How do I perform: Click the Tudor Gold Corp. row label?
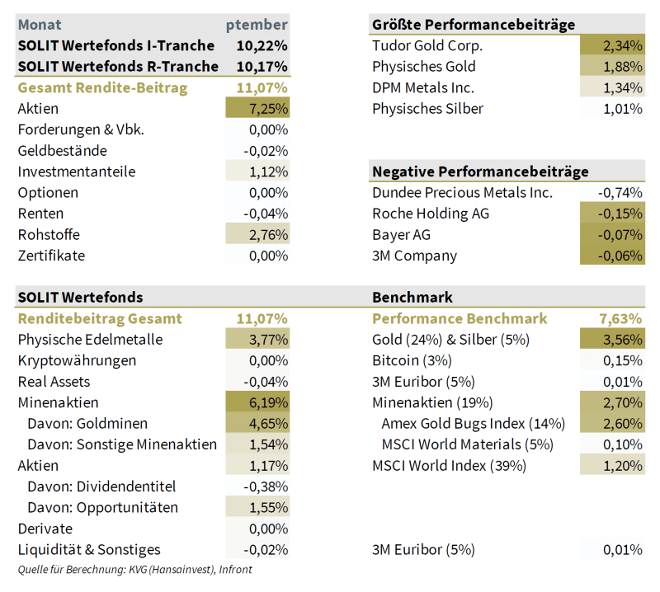pos(427,45)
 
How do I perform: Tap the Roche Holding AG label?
pos(431,214)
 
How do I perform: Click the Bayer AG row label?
pos(402,235)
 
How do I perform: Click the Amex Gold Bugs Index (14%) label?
pos(473,424)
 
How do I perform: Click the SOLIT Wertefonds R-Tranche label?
pos(118,67)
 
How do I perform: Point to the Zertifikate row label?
pos(51,256)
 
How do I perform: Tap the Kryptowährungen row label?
pos(77,360)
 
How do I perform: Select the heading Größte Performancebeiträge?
pos(474,25)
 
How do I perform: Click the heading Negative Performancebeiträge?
pos(480,171)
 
